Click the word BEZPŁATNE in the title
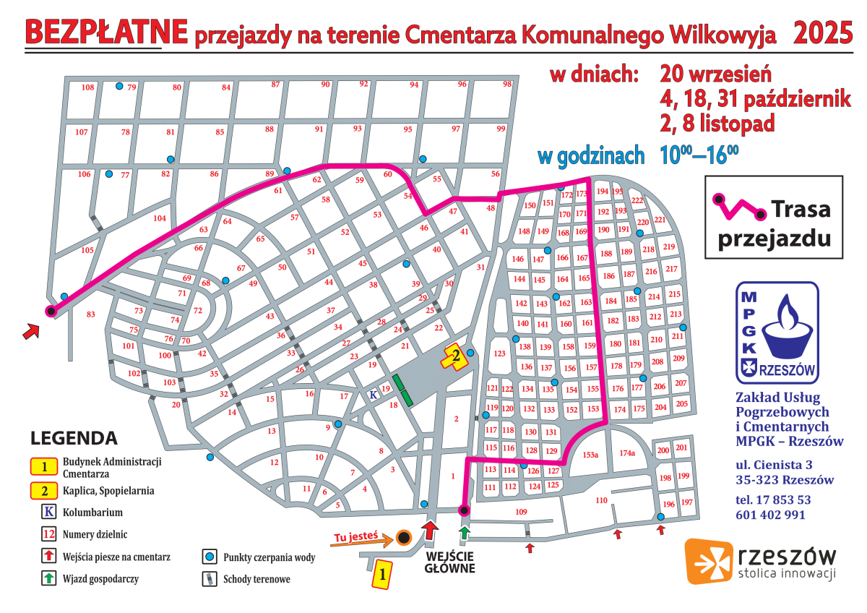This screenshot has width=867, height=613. point(107,32)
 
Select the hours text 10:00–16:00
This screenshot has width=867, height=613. point(699,155)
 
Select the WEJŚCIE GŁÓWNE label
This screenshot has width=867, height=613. point(451,562)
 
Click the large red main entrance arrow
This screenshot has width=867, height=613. point(431,530)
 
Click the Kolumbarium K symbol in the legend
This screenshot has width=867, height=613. point(48,513)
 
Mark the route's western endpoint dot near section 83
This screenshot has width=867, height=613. point(51,312)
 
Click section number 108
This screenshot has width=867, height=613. point(88,87)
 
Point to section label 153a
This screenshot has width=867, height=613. point(590,455)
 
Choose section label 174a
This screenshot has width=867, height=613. point(626,453)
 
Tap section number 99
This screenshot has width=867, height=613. point(501,129)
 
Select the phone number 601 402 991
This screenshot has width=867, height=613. point(770,515)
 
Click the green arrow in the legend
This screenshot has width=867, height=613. point(48,578)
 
